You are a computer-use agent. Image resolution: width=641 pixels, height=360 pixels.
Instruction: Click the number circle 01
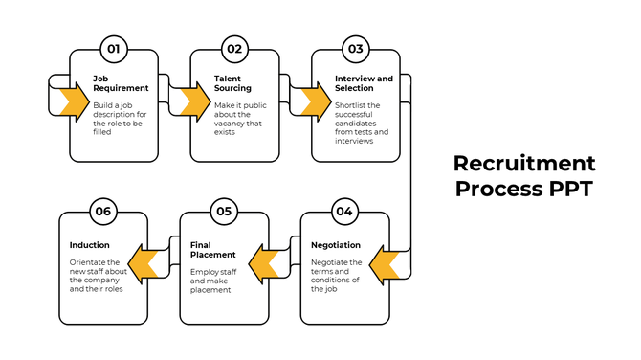click(114, 49)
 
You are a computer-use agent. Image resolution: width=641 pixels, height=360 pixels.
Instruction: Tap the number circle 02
click(234, 49)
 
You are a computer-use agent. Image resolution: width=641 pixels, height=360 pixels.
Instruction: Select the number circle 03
click(356, 49)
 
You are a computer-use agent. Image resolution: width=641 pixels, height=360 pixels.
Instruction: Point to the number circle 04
click(344, 211)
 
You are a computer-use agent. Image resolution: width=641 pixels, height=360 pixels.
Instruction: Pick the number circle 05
click(224, 211)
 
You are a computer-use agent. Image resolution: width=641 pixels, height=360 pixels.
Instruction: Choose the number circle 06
click(103, 211)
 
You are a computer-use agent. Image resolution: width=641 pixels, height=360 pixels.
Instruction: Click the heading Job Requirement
click(120, 83)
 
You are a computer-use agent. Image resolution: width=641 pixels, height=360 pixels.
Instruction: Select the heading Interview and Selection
click(364, 83)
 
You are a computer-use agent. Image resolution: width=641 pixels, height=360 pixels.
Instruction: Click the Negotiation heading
click(336, 245)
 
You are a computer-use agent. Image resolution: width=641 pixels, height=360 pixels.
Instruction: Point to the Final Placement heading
click(212, 250)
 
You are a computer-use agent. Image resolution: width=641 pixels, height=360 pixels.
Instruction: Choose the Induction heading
click(89, 245)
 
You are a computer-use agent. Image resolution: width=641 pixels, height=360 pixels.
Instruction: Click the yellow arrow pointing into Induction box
click(144, 262)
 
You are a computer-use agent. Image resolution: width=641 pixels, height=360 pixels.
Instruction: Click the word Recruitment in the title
click(523, 163)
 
